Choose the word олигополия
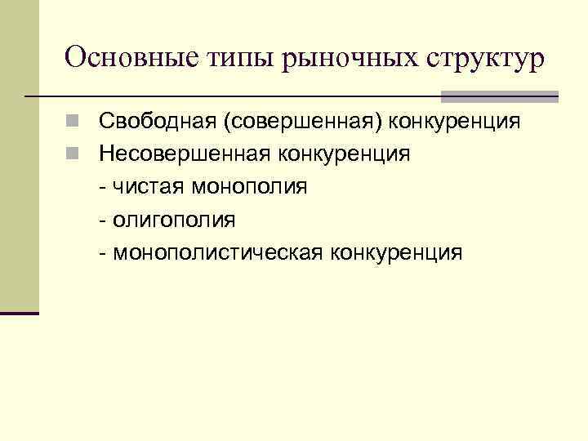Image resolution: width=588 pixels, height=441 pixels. click(174, 220)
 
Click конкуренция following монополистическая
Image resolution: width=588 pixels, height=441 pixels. click(396, 252)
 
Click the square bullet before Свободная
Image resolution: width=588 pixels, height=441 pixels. click(74, 122)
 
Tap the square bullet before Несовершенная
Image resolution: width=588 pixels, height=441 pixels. click(74, 155)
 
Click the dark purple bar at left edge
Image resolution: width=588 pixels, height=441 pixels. click(20, 313)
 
